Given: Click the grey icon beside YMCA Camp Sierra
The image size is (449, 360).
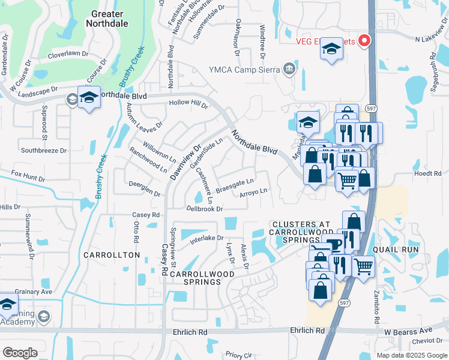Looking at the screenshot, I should point(289,68).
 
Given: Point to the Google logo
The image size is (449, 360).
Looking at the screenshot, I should point(20,353).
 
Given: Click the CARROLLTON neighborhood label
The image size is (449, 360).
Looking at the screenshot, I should point(112,255).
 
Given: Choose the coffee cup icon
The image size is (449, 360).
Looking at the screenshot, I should point(335,245).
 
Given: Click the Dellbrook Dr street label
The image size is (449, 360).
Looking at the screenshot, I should point(205,209).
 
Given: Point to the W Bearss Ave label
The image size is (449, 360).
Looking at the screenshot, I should point(408,331).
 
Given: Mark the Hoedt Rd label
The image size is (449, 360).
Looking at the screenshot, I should point(428,173).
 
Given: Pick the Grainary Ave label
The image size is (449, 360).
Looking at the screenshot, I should point(35,292).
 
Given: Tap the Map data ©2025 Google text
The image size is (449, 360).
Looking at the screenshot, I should point(411,355).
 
